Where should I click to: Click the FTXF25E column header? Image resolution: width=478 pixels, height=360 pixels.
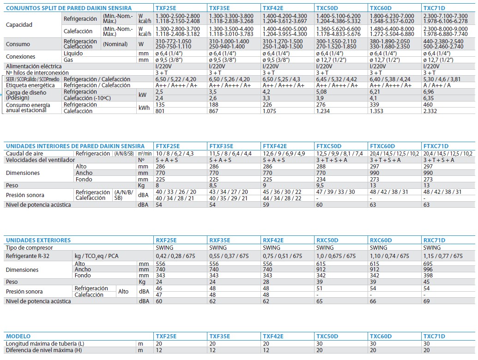click(168, 146)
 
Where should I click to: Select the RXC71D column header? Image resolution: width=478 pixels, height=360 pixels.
click(434, 240)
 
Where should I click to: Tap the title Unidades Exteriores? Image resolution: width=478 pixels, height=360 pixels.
click(38, 240)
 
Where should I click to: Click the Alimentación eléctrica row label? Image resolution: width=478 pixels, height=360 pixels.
click(34, 66)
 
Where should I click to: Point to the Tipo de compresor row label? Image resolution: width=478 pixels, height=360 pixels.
click(29, 248)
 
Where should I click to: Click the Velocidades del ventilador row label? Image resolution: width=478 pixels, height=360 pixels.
click(40, 160)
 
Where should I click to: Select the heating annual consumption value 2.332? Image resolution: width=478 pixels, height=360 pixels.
click(430, 111)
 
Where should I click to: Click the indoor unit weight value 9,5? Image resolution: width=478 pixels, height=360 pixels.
click(320, 186)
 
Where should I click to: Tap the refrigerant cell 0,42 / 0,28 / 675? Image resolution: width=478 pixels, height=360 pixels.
click(175, 256)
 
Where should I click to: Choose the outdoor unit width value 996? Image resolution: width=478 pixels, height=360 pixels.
click(428, 270)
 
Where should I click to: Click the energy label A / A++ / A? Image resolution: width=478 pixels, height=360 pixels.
click(437, 85)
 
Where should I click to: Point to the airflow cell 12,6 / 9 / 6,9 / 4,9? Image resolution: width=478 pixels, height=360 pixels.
click(284, 154)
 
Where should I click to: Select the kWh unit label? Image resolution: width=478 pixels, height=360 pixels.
click(144, 108)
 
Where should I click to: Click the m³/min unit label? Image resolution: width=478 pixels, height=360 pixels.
click(145, 154)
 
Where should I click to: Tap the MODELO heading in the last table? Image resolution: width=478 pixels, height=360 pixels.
click(18, 336)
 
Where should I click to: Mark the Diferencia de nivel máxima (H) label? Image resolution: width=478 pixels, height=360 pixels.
click(44, 350)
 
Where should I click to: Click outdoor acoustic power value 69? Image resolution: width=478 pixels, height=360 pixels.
click(426, 301)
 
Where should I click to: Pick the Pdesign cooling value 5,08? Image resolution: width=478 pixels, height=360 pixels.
click(321, 92)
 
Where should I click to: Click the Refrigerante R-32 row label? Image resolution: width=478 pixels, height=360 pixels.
click(27, 256)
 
